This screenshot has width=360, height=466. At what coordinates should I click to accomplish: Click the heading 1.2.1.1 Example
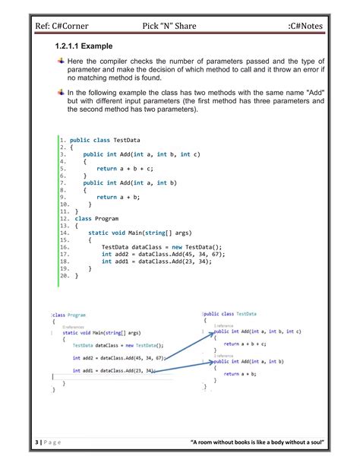[84, 47]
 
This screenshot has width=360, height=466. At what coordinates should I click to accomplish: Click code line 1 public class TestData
[99, 141]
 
